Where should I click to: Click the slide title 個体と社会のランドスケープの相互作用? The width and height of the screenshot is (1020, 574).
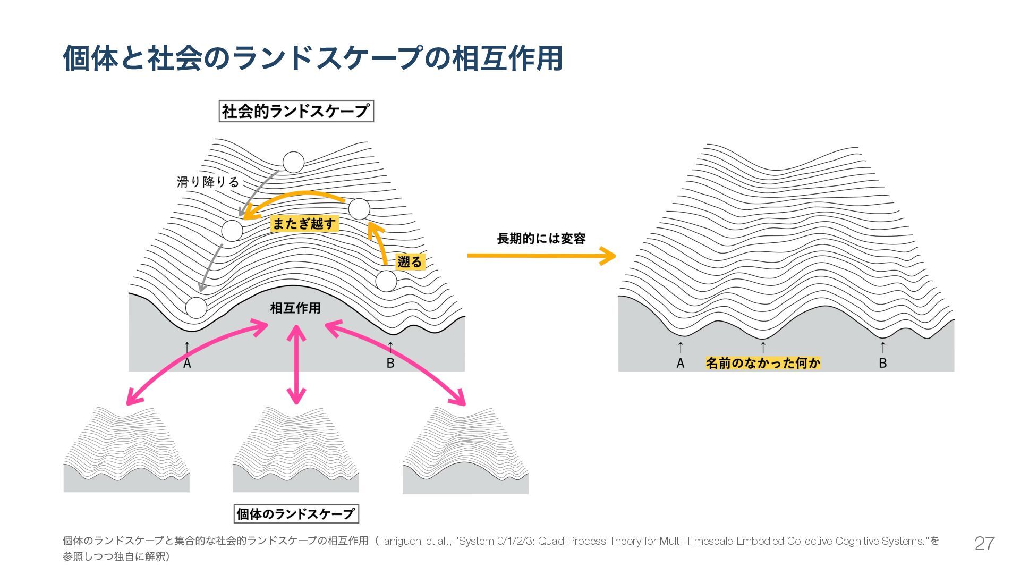(x=312, y=58)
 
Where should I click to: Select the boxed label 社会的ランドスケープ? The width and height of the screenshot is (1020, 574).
(x=296, y=112)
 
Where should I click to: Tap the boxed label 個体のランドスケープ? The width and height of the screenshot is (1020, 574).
(x=296, y=514)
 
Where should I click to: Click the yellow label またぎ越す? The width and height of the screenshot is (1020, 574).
(x=304, y=224)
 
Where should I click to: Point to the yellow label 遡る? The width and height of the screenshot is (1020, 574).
(x=410, y=261)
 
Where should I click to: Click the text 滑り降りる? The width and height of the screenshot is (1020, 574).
(x=208, y=182)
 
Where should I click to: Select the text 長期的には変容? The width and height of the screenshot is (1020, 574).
(x=541, y=239)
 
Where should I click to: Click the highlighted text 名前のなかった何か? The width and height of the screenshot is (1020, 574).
(x=763, y=363)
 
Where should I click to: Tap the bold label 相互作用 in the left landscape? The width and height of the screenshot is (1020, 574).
(x=295, y=308)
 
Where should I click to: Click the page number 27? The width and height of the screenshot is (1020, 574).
(x=984, y=543)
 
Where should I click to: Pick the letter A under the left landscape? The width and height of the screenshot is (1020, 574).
(x=187, y=364)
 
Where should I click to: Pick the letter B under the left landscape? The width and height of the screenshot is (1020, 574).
(x=390, y=364)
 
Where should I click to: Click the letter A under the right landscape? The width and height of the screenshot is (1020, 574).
(x=681, y=364)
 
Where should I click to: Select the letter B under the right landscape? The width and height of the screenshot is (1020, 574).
(x=883, y=364)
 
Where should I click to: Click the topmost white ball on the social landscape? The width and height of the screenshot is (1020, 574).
(x=293, y=163)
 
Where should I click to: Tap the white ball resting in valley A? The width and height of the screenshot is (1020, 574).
(x=196, y=308)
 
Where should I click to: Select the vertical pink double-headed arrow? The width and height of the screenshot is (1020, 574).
(x=296, y=364)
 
